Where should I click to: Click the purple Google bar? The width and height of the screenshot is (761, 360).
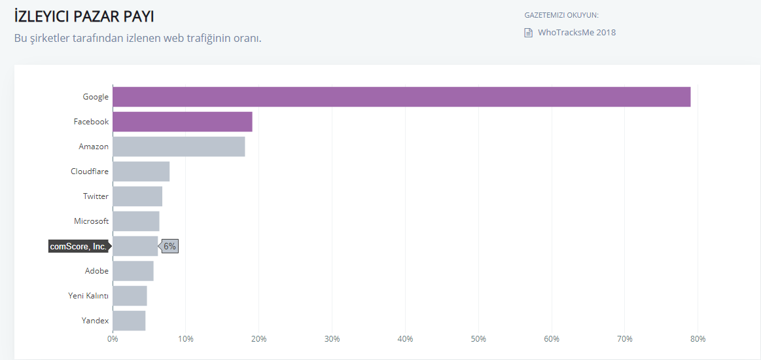click(x=401, y=97)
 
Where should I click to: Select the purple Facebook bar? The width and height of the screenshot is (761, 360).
click(x=182, y=122)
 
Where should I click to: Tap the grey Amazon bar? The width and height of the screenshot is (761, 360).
click(x=179, y=147)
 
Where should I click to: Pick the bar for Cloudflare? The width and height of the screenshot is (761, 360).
click(x=141, y=171)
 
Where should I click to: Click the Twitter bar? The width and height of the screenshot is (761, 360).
click(x=137, y=196)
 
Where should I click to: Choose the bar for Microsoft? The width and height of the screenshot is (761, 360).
click(x=136, y=221)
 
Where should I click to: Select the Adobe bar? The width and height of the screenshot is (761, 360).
click(x=133, y=271)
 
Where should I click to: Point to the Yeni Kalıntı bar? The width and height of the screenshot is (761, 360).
click(x=130, y=296)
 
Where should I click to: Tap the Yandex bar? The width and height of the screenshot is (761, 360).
click(x=129, y=321)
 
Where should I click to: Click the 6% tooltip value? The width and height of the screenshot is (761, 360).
click(x=169, y=246)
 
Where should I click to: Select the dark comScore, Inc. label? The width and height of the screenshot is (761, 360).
click(x=78, y=246)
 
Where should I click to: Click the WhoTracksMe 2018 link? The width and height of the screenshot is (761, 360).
click(x=576, y=33)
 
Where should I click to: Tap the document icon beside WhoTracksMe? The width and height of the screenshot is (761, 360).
click(x=528, y=33)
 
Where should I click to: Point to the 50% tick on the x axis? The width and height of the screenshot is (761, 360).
click(x=478, y=339)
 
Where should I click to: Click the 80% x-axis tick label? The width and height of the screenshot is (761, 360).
click(x=698, y=339)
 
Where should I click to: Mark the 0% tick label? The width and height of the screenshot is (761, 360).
click(x=113, y=339)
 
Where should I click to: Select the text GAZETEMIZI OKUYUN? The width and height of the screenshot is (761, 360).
click(x=561, y=15)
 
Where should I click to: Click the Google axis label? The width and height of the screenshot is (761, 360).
click(x=96, y=97)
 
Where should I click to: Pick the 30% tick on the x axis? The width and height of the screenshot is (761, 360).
click(x=332, y=339)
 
